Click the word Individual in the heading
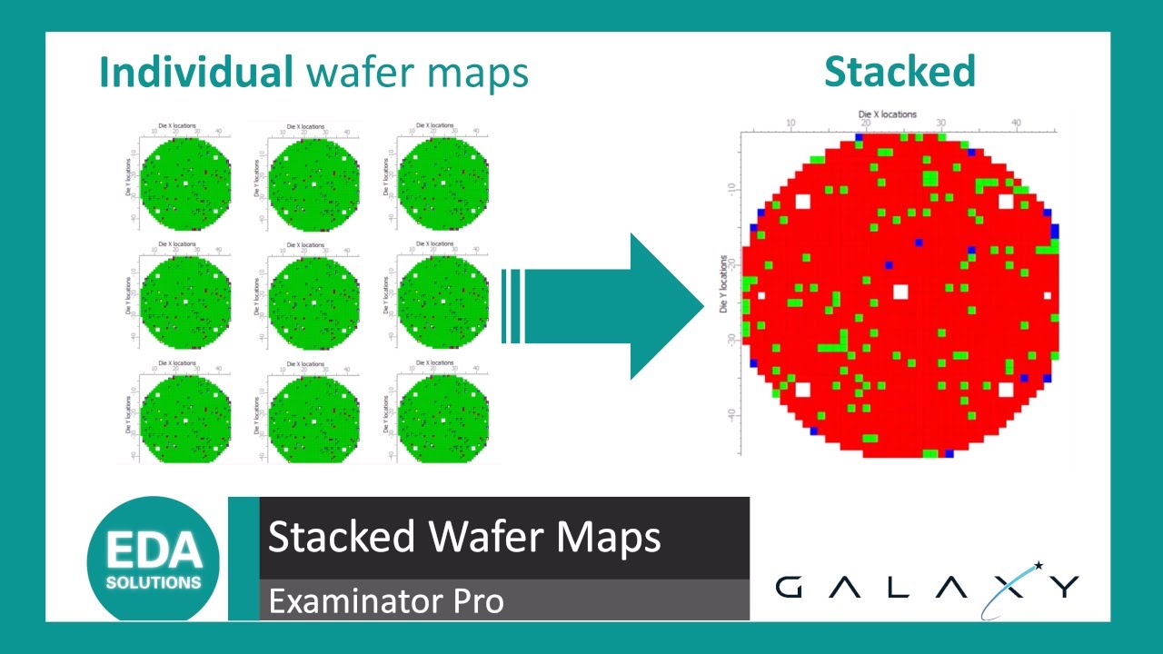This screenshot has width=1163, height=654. [x=195, y=73]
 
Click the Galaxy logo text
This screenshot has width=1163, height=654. [x=927, y=587]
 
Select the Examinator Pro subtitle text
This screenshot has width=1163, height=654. [x=385, y=601]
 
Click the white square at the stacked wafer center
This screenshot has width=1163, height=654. [x=900, y=292]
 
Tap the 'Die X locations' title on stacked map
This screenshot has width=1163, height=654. [x=888, y=114]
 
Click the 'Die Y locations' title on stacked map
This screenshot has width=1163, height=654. [x=724, y=284]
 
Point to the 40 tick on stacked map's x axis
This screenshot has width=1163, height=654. [x=1016, y=123]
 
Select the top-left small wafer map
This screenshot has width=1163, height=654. [x=184, y=178]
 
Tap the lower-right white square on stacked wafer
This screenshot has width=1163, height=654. [x=1006, y=390]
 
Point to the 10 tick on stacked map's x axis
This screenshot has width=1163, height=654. [x=790, y=123]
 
